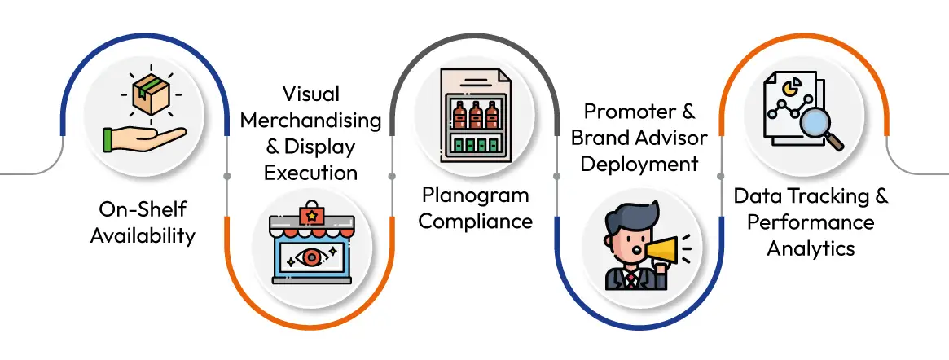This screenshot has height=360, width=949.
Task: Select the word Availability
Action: point(143,236)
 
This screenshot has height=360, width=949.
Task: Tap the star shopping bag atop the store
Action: point(310,215)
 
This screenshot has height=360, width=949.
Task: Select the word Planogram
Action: point(475,195)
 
